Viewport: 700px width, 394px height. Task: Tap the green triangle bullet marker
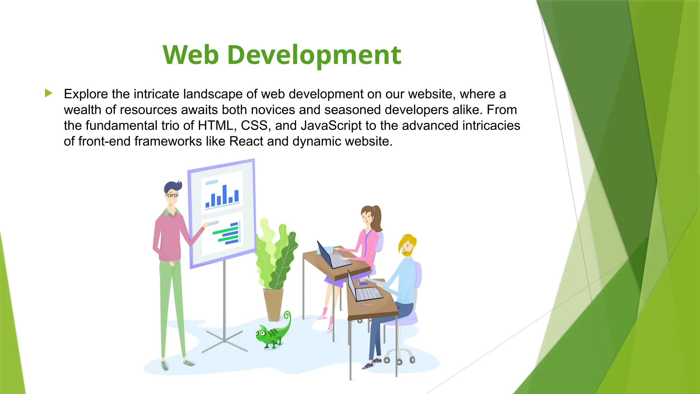click(x=49, y=93)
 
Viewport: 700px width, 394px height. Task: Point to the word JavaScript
click(x=331, y=126)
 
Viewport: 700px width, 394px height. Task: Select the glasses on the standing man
click(x=172, y=196)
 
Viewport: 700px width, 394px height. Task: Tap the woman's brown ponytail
click(x=377, y=219)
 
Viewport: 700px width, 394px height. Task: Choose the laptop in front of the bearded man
click(x=364, y=291)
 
